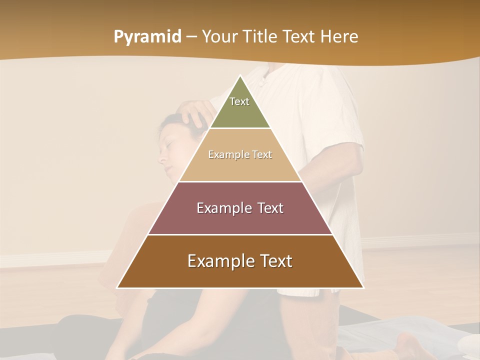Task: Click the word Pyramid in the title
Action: click(x=147, y=37)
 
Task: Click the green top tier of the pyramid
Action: click(x=240, y=112)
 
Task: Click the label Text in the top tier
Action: click(x=239, y=101)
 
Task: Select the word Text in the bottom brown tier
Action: click(x=273, y=261)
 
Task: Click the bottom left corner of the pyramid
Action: click(x=118, y=287)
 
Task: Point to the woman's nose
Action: click(x=161, y=159)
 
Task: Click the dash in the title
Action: click(x=191, y=37)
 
